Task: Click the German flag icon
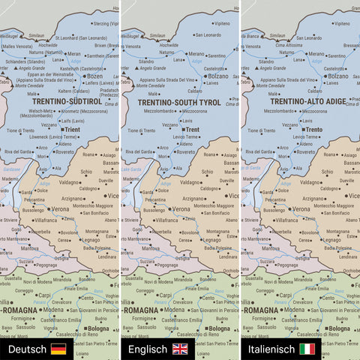(x=58, y=349)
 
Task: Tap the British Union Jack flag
(x=180, y=349)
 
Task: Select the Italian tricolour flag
(x=307, y=349)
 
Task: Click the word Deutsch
(x=27, y=349)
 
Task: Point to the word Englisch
(x=147, y=349)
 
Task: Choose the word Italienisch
(x=269, y=349)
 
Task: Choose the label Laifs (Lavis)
(x=72, y=120)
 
